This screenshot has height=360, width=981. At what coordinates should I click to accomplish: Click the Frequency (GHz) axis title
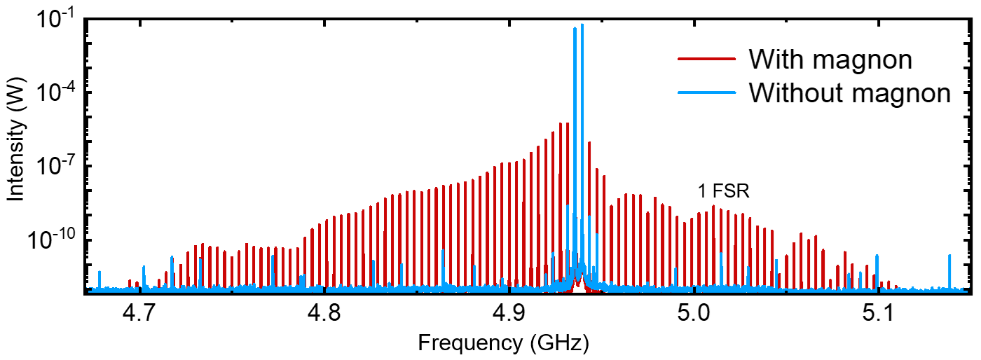502,343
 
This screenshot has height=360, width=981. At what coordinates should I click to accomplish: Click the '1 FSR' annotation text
724,191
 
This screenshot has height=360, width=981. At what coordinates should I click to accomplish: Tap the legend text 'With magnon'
830,60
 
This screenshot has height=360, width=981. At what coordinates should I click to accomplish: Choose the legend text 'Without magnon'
849,92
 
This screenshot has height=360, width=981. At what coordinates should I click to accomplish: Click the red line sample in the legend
706,60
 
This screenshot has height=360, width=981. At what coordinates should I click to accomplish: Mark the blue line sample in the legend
706,92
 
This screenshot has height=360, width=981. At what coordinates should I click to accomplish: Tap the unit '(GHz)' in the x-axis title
558,343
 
